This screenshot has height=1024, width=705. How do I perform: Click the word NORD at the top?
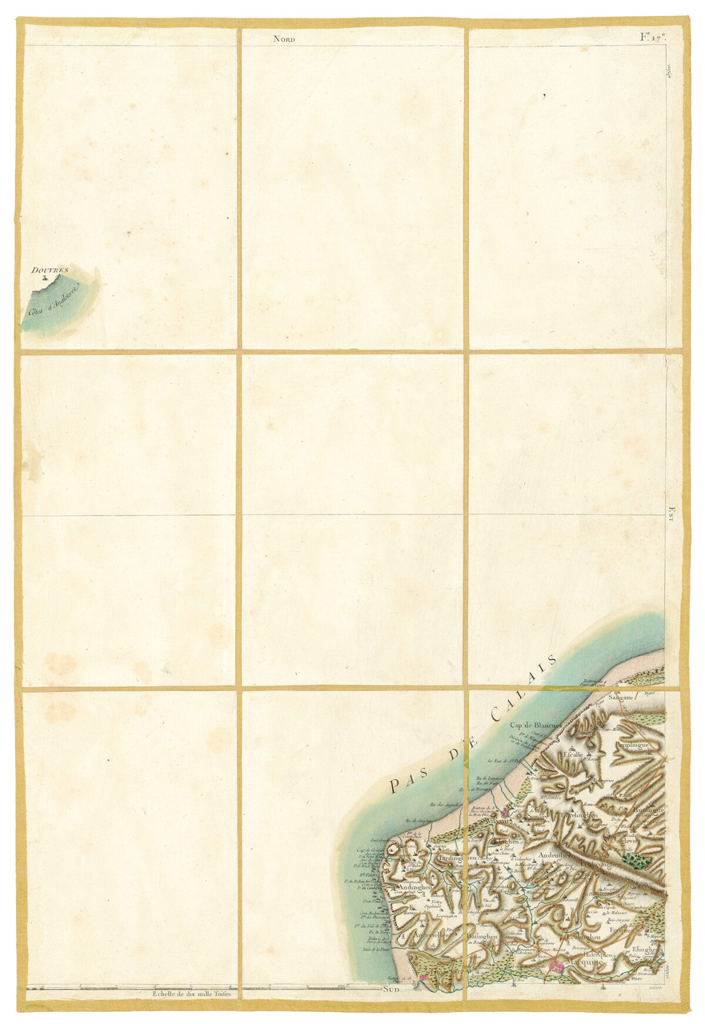coord(284,39)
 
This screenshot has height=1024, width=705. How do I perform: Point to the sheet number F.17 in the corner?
coord(652,38)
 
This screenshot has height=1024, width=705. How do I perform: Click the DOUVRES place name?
coord(50,270)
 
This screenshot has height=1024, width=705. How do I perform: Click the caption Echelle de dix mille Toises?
coord(191,995)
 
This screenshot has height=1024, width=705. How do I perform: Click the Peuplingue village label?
coord(632,745)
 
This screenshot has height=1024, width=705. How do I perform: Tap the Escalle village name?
coord(573,754)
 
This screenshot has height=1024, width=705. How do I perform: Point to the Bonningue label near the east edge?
coord(649,810)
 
